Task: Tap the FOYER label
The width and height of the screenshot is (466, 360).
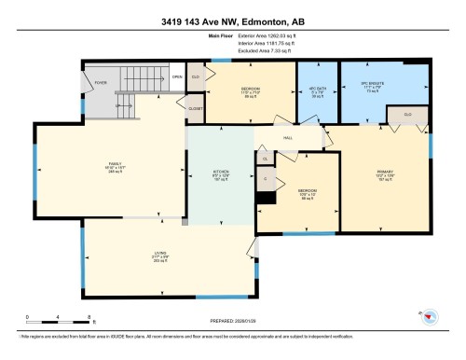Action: (x=100, y=82)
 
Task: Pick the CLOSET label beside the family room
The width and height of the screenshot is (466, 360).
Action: (x=195, y=109)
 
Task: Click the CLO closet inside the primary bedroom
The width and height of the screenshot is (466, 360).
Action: (x=408, y=116)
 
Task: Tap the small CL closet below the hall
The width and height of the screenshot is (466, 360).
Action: (x=265, y=159)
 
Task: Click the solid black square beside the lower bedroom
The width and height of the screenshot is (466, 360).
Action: (x=267, y=197)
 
